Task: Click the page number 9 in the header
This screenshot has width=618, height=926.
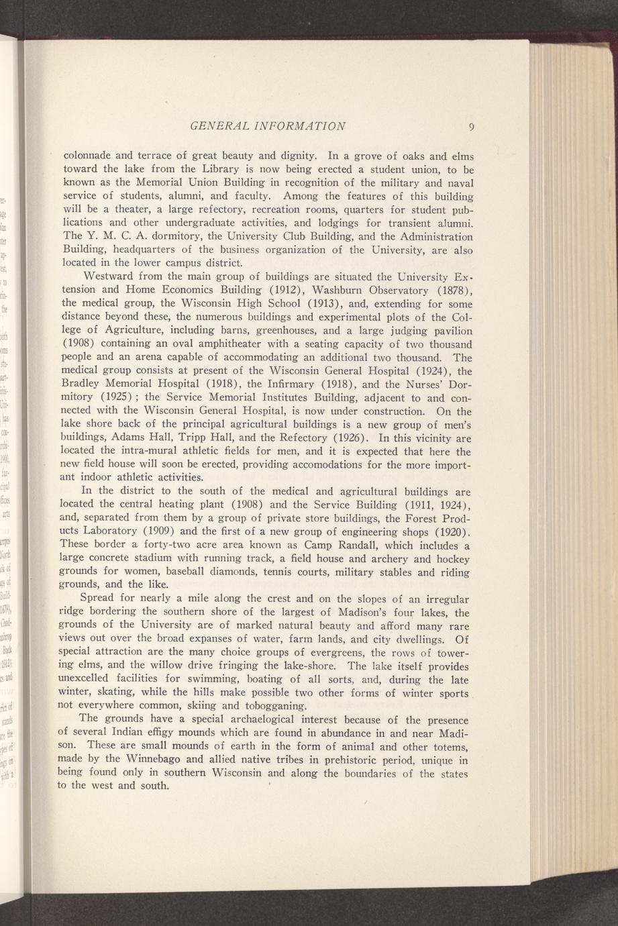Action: point(472,127)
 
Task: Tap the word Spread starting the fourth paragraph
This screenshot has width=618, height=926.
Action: point(98,598)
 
